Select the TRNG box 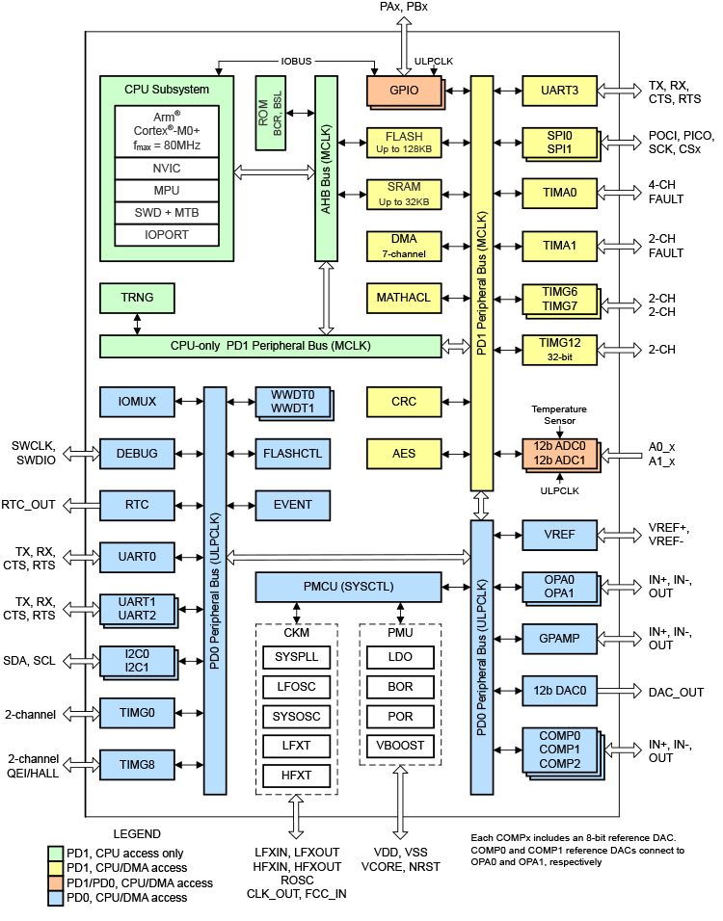pos(138,299)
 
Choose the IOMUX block pos(138,400)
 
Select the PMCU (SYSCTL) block pos(349,585)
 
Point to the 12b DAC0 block pos(559,691)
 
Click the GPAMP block pos(559,638)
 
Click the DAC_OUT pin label pos(676,692)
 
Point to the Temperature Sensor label pos(558,416)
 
